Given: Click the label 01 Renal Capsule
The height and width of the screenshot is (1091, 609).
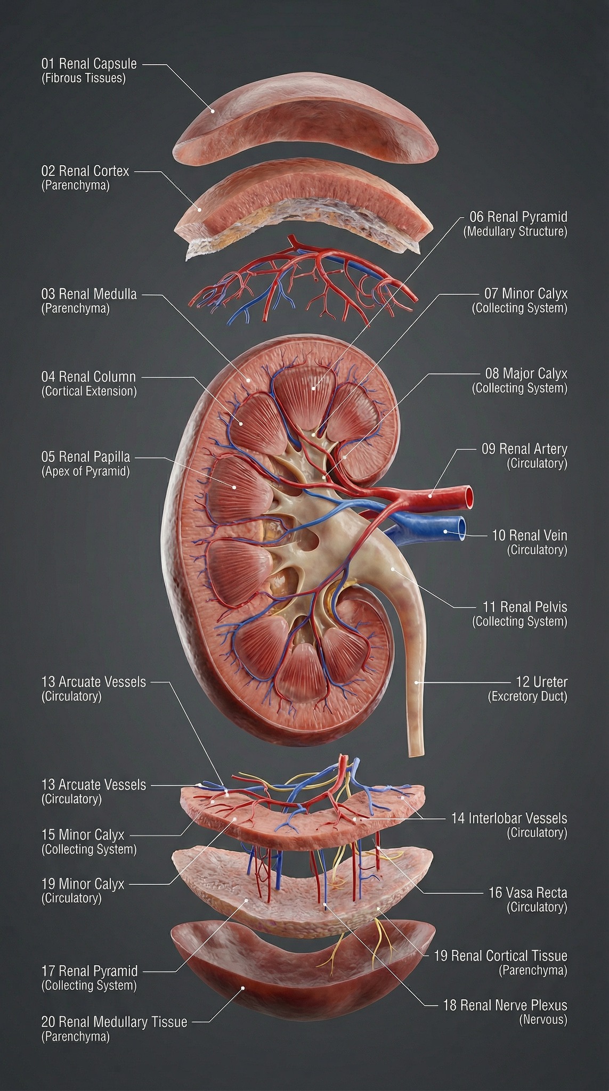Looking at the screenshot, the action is point(89,64).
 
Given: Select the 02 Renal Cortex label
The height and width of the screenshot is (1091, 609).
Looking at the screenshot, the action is point(85,171).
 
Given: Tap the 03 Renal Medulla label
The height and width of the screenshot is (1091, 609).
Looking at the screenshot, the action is point(89,294).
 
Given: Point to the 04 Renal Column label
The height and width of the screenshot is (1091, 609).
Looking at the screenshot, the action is point(88,377).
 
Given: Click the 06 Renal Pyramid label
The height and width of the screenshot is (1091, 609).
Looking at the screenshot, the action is point(518,217).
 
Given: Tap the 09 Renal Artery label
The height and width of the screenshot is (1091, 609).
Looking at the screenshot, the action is point(525,449).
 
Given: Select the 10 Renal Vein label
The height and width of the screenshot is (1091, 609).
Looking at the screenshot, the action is point(530,535).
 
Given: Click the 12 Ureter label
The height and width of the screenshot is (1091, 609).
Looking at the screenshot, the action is point(542,682).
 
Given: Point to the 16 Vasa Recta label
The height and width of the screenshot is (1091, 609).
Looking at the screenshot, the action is point(528,892).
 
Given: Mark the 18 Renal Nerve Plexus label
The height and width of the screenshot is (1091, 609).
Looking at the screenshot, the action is point(505,1005).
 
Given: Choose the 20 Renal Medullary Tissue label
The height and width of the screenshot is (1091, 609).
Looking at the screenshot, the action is point(114,1022).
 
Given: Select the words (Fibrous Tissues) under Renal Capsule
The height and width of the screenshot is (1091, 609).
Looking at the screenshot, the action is point(84,78).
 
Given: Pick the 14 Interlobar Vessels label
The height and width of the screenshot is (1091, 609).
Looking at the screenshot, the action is point(509,818).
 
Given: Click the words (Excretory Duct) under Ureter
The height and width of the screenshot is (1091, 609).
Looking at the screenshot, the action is point(528,696).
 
